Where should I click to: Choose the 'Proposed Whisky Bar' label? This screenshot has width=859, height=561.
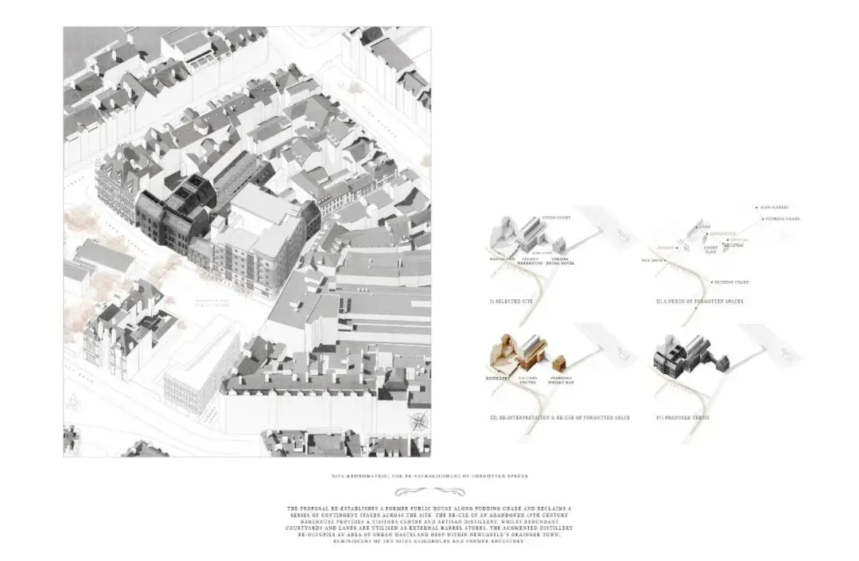tap(562, 381)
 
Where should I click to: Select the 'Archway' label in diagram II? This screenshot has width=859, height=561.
tap(737, 245)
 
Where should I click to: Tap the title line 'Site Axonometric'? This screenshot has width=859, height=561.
tap(429, 476)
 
